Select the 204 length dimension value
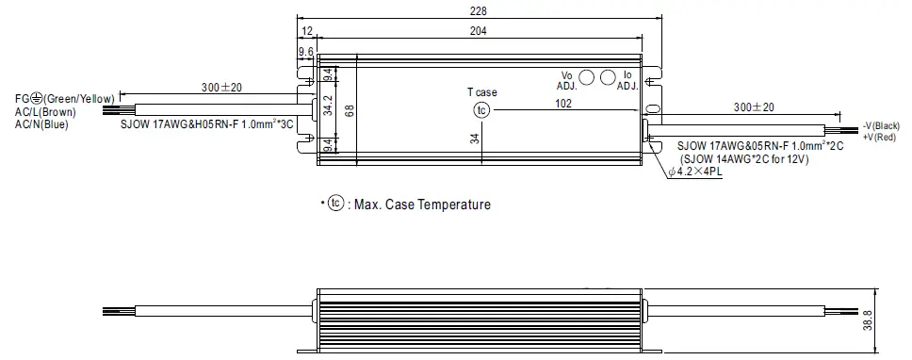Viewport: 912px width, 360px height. coord(480,30)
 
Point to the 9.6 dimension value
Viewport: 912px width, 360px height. coord(305,51)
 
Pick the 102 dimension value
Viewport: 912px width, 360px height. coord(563,104)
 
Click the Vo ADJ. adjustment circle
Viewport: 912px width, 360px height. coord(585,79)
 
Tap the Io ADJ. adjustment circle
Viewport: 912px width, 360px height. coord(608,79)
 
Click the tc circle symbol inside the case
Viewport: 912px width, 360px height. coord(481,110)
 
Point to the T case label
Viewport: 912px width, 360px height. coord(481,92)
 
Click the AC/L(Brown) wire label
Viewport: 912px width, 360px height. coord(45,110)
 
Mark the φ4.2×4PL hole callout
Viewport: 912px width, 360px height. coord(696,172)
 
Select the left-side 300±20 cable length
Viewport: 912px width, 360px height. coord(221,88)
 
